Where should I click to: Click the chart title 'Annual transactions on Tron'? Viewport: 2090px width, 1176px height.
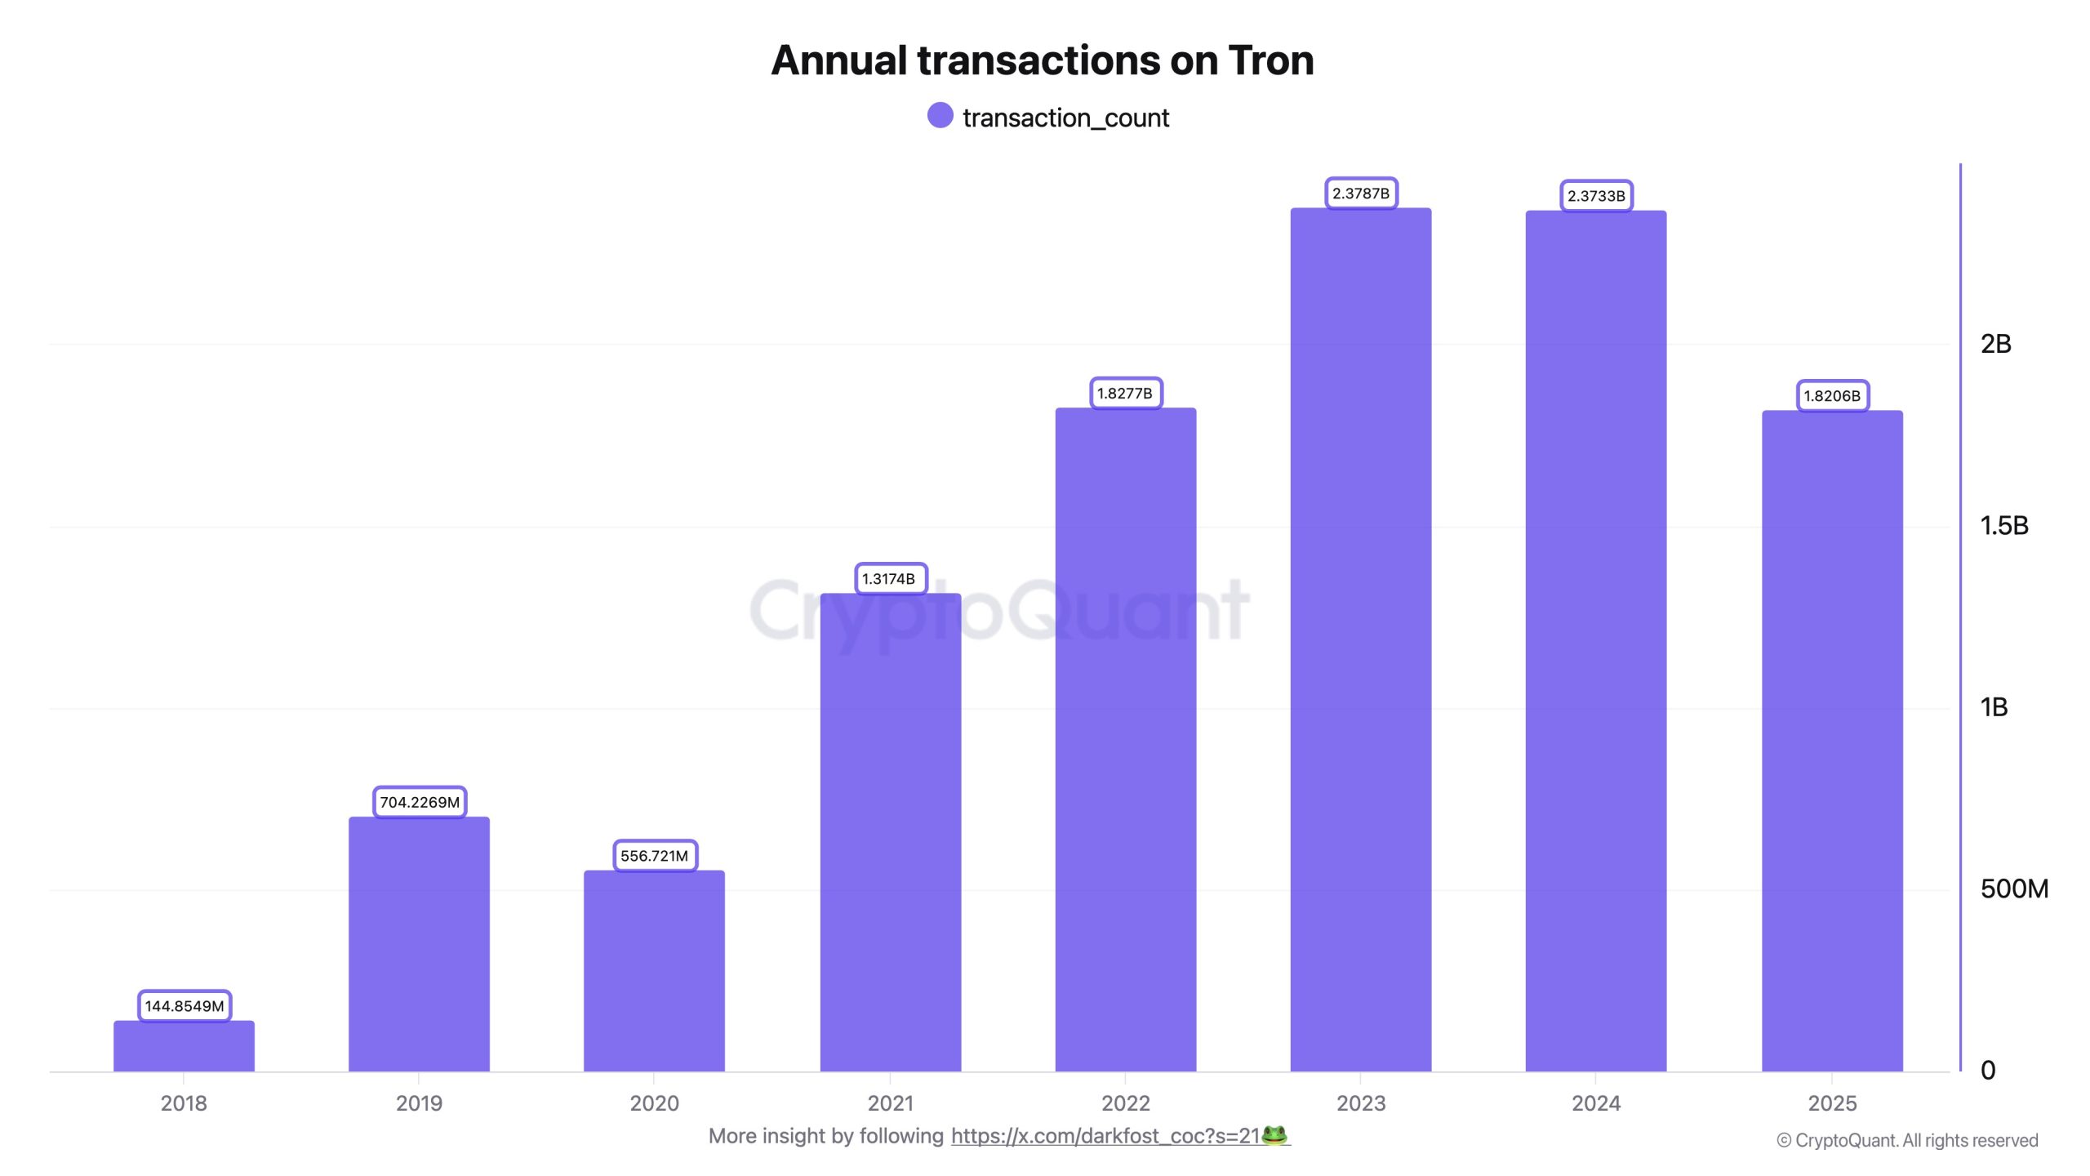pos(1043,60)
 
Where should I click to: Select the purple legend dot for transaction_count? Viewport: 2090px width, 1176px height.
pos(940,116)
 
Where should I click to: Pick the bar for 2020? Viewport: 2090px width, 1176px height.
pos(654,971)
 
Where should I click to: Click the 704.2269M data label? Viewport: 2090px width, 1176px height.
pos(420,802)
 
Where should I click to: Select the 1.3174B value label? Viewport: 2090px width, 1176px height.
pos(890,579)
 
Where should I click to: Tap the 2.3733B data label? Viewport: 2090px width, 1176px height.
pos(1596,196)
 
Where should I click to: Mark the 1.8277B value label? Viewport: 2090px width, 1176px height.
pos(1125,394)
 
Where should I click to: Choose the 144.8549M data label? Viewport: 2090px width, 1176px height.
pos(185,1006)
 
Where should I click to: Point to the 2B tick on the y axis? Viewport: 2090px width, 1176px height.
pos(1995,344)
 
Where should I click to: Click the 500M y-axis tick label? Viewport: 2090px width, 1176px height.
pos(2013,889)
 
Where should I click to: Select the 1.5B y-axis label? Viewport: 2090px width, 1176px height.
pos(2003,526)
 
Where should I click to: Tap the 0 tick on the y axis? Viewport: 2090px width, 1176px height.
pos(1988,1071)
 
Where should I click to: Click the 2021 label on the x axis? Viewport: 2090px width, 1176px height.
pos(890,1103)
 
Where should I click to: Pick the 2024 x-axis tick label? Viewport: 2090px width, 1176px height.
pos(1596,1103)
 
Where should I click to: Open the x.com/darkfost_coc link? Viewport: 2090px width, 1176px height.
pos(1105,1136)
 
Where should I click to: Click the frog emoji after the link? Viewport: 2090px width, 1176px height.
pos(1274,1135)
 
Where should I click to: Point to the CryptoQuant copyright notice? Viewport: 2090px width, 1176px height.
pos(1907,1141)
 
